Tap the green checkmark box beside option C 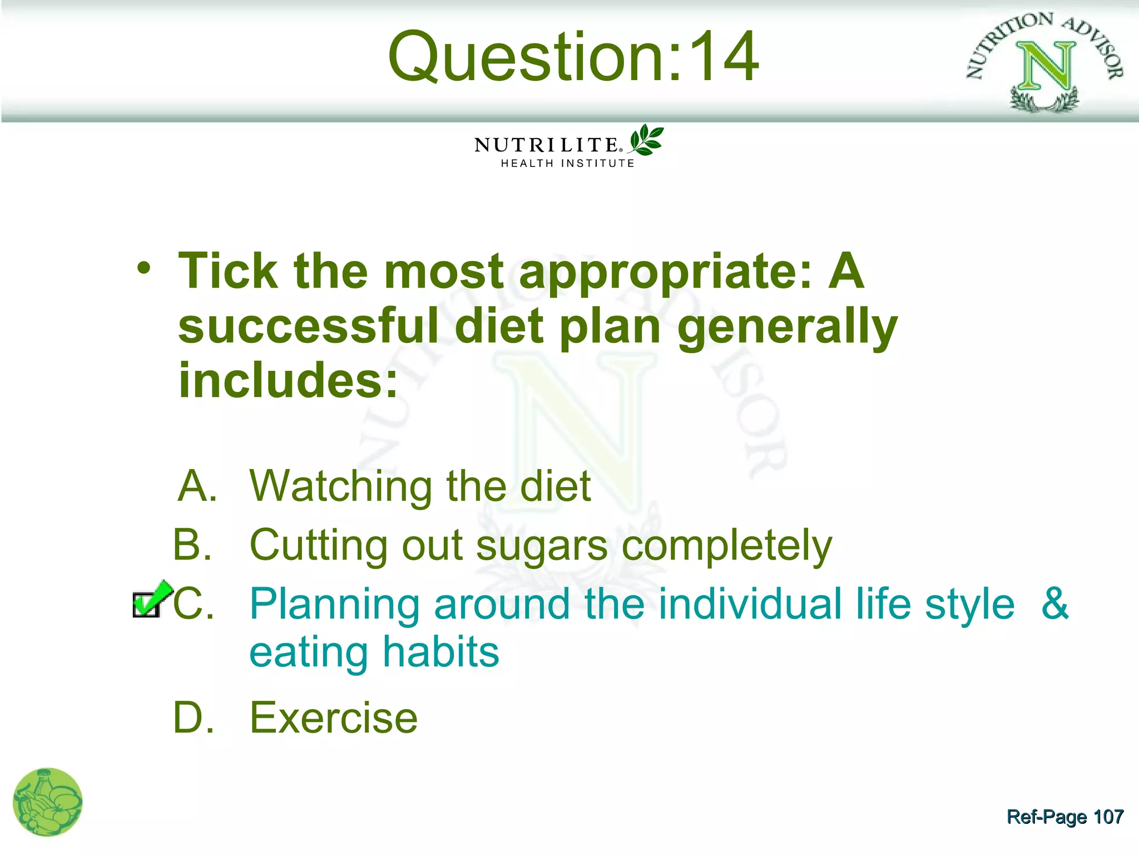point(149,601)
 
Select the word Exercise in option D point(334,718)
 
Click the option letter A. point(196,486)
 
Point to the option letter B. point(192,544)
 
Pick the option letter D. point(192,718)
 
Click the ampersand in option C point(1054,603)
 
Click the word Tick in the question point(228,271)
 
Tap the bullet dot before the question point(144,269)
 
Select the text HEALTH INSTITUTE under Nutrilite point(567,164)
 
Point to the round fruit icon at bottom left point(48,802)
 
